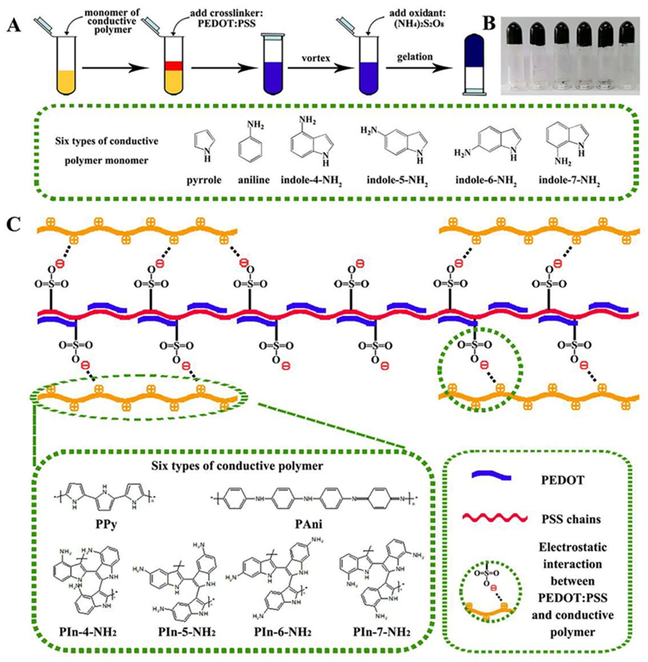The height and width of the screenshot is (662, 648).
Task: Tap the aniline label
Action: click(x=253, y=180)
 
